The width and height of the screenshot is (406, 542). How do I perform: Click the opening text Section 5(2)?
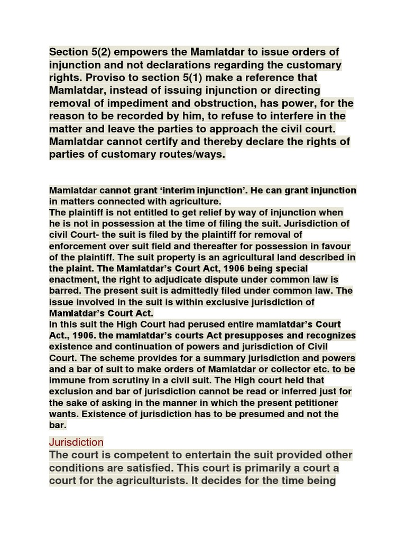click(79, 52)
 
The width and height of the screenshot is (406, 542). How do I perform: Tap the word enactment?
click(72, 279)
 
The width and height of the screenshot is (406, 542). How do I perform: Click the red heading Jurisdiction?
click(76, 442)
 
